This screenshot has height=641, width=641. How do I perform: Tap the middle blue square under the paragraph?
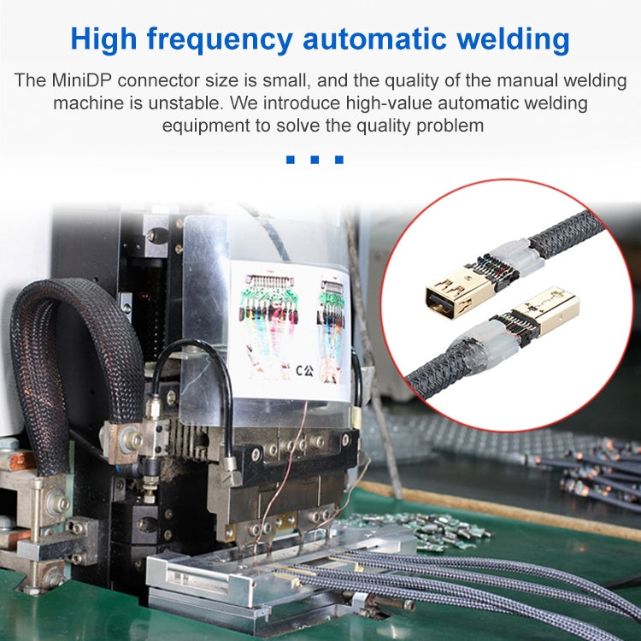pyautogui.click(x=315, y=159)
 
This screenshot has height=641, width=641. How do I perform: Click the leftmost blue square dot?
pyautogui.click(x=291, y=159)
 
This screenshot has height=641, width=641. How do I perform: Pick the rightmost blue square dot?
pyautogui.click(x=339, y=159)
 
